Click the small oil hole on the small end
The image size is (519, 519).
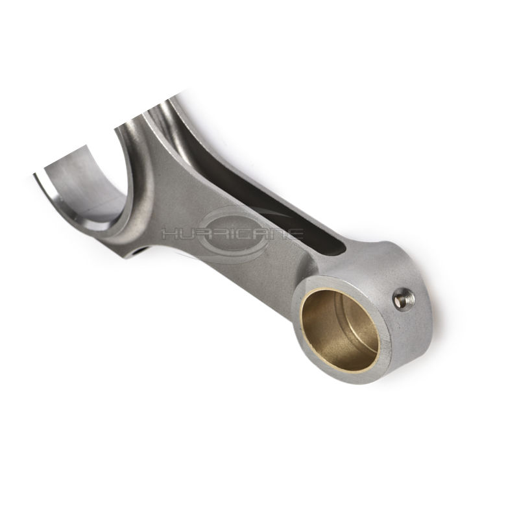coord(404,299)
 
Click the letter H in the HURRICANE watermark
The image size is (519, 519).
coord(169,235)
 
